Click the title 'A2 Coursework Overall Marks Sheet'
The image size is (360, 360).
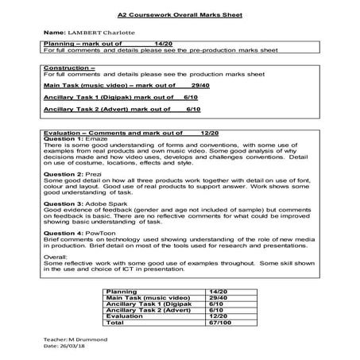click(180, 14)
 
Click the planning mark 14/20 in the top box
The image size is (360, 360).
click(163, 41)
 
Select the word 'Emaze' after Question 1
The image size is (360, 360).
click(98, 139)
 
